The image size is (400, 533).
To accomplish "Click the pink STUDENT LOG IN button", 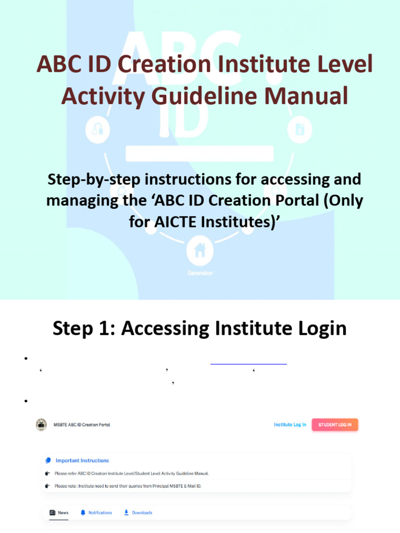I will coord(335,425).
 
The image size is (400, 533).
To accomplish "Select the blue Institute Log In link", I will coord(290,425).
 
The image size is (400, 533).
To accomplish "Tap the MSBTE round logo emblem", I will coord(41,425).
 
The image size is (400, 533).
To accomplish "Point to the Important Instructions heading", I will coord(82,460).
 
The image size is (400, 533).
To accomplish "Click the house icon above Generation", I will coord(199,250).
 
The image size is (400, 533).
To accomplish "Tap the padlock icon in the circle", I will coord(97,129).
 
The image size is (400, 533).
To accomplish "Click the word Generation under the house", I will coord(200,273).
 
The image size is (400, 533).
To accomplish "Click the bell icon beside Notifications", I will coord(83,513).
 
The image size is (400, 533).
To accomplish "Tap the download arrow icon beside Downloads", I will coord(126,513).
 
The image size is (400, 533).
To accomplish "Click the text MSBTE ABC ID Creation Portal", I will coord(82,425).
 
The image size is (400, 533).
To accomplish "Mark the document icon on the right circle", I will coord(300,129).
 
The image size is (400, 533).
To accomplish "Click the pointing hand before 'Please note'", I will coord(48,486).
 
